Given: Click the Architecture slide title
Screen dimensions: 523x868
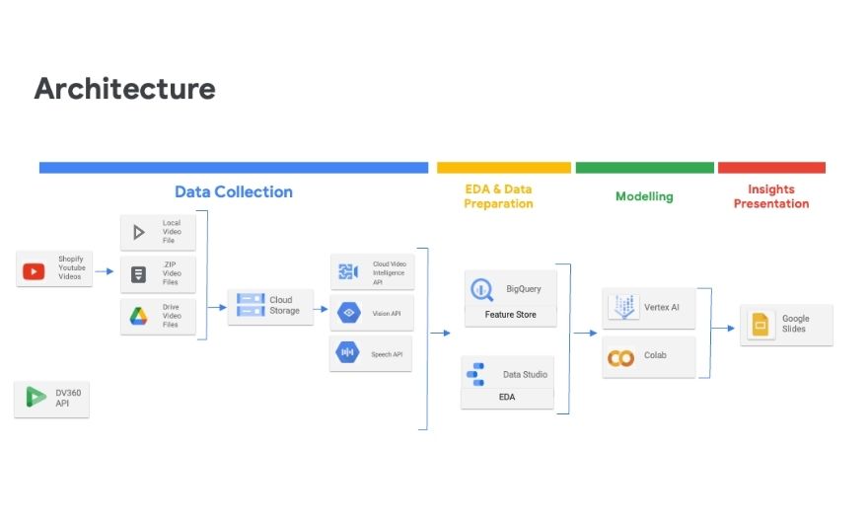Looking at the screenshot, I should coord(124,89).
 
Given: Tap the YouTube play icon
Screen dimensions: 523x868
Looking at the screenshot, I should coord(34,269).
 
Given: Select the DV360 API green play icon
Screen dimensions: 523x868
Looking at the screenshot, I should coord(36,398).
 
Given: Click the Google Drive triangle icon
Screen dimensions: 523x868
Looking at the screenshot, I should coord(139,317).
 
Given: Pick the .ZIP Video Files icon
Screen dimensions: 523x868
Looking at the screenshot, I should coord(139,274).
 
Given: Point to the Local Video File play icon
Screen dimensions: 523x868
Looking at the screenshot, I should coord(139,233).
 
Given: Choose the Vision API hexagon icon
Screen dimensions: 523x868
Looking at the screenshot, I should coord(347,313).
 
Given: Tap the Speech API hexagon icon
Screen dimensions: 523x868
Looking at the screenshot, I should coord(347,352).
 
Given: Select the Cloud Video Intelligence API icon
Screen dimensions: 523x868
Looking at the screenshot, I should coord(347,271).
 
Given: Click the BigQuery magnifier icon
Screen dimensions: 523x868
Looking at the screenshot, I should coord(482,289).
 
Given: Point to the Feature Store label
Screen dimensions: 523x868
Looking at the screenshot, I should coord(510,316).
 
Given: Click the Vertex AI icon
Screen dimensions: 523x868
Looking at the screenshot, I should coord(622,307).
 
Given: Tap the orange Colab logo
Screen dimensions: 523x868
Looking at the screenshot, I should coord(621,357).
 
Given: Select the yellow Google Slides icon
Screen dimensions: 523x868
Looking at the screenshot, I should coord(759,325).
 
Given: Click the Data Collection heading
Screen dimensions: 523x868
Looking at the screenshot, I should coord(234,191).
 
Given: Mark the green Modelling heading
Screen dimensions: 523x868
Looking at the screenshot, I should coord(644,196).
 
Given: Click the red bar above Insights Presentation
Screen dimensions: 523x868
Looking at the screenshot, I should coord(771,168).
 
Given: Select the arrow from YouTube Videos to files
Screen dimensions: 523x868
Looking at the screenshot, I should coord(105,269).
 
